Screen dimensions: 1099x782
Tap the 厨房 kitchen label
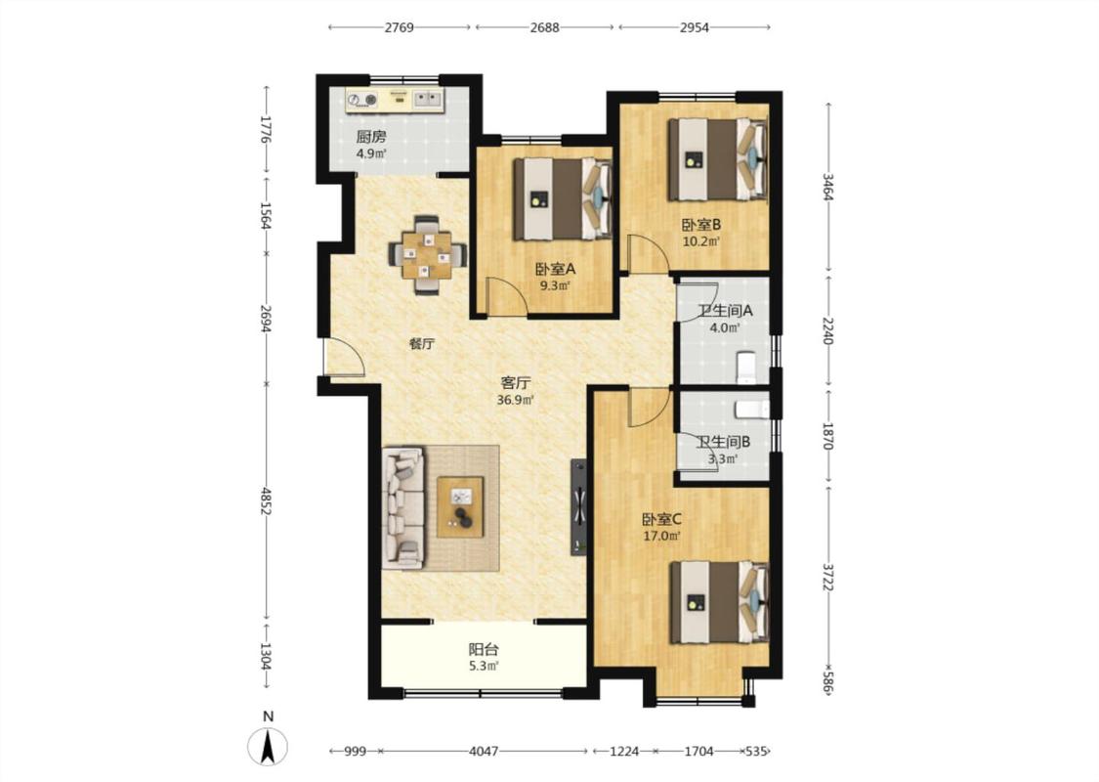(x=371, y=136)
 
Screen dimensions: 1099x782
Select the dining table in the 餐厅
(x=428, y=256)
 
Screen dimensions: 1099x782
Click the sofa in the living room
(x=404, y=507)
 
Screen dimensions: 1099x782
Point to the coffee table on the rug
(x=460, y=507)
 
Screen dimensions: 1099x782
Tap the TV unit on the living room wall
(x=579, y=506)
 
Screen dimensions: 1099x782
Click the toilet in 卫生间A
(x=745, y=369)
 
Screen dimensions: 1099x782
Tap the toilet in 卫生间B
(x=751, y=409)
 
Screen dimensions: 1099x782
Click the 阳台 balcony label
(x=484, y=649)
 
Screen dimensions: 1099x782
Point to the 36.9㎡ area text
(x=515, y=401)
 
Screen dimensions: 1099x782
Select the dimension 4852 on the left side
(x=265, y=501)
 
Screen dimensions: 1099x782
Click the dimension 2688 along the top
(x=544, y=27)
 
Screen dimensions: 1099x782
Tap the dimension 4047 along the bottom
(x=484, y=751)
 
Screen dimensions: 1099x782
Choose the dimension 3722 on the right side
(x=827, y=577)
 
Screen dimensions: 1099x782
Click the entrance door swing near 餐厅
(x=344, y=358)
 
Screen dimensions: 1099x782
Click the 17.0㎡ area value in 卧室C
(x=661, y=537)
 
